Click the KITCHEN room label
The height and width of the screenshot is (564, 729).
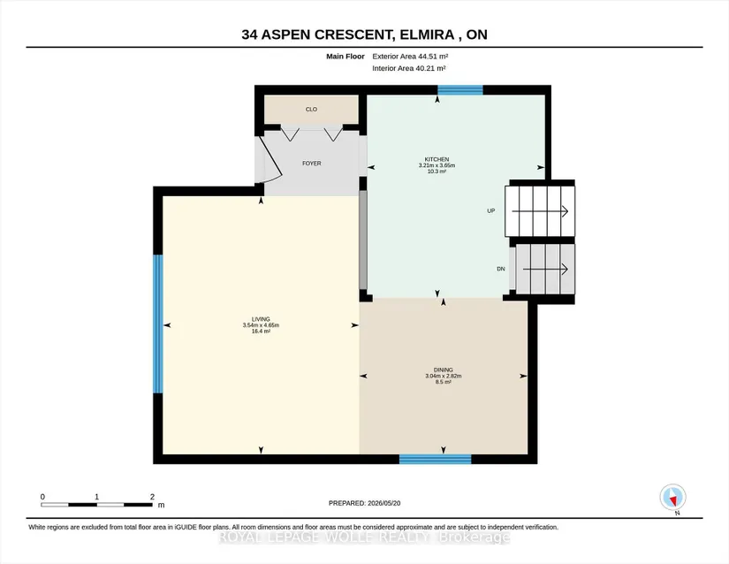click(x=437, y=159)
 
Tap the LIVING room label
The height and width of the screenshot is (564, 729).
click(x=261, y=319)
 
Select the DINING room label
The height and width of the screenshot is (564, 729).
click(x=443, y=370)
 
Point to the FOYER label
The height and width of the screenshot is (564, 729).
click(x=312, y=164)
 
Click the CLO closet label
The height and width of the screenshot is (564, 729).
click(x=311, y=110)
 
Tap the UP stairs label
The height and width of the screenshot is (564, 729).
click(x=491, y=210)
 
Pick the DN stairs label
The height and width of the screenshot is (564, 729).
click(x=501, y=269)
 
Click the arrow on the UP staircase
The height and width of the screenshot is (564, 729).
click(x=540, y=211)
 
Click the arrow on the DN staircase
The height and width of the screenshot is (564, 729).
click(x=545, y=269)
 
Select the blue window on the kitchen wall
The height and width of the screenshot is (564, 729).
click(x=460, y=90)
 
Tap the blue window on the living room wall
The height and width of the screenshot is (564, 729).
click(x=158, y=324)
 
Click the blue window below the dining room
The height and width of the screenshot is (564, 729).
click(x=435, y=459)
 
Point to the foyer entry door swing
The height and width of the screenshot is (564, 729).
click(x=270, y=158)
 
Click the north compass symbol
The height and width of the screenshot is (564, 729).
click(x=672, y=497)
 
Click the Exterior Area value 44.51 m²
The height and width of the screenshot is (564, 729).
click(x=433, y=57)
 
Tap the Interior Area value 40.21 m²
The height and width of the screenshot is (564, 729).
click(x=431, y=68)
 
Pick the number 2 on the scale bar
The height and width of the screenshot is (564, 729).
click(x=152, y=497)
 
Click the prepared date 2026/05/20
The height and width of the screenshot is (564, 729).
click(x=384, y=503)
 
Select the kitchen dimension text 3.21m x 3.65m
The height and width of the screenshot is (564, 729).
click(x=437, y=165)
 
